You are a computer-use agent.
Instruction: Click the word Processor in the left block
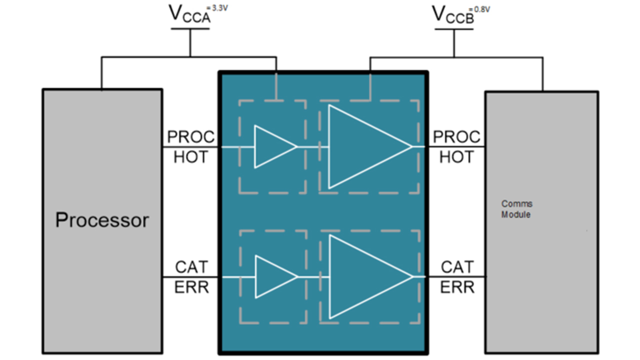point(102,220)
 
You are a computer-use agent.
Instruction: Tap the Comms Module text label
point(517,209)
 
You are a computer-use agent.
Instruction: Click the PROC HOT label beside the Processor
point(190,147)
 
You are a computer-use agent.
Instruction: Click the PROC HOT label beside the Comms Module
point(456,147)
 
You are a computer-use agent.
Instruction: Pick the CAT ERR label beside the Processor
point(190,277)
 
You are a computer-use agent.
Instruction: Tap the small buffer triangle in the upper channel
point(272,147)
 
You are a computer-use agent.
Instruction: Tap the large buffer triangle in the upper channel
point(362,147)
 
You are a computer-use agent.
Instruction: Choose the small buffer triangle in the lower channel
point(273,277)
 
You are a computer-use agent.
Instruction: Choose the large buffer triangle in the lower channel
point(363,277)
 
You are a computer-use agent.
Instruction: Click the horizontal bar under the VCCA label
point(190,28)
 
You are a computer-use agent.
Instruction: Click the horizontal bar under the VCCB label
point(453,28)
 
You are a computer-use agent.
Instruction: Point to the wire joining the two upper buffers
point(312,147)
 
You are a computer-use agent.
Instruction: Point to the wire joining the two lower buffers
point(313,277)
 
